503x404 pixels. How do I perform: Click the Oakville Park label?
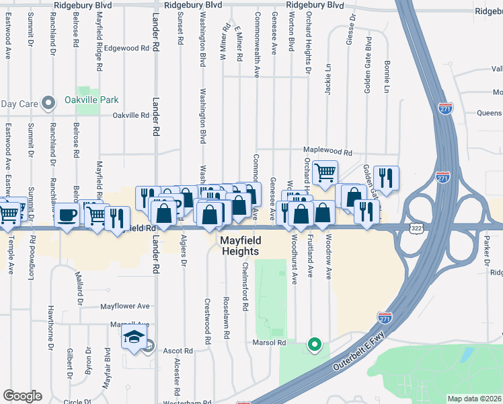[x=91, y=100]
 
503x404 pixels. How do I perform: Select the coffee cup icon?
[x=67, y=215]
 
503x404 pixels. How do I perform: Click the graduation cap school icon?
[x=134, y=338]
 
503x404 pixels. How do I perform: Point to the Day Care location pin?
[x=48, y=103]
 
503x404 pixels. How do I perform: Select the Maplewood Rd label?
[x=327, y=153]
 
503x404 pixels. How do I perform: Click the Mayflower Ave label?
[x=125, y=306]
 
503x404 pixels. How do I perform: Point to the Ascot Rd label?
[x=178, y=351]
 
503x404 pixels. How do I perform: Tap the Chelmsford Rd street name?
[x=245, y=287]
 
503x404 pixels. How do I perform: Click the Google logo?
[x=22, y=395]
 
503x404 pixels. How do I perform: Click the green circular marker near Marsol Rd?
[x=313, y=345]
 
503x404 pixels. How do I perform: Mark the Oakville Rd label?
[x=130, y=115]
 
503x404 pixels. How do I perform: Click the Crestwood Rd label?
[x=208, y=318]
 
